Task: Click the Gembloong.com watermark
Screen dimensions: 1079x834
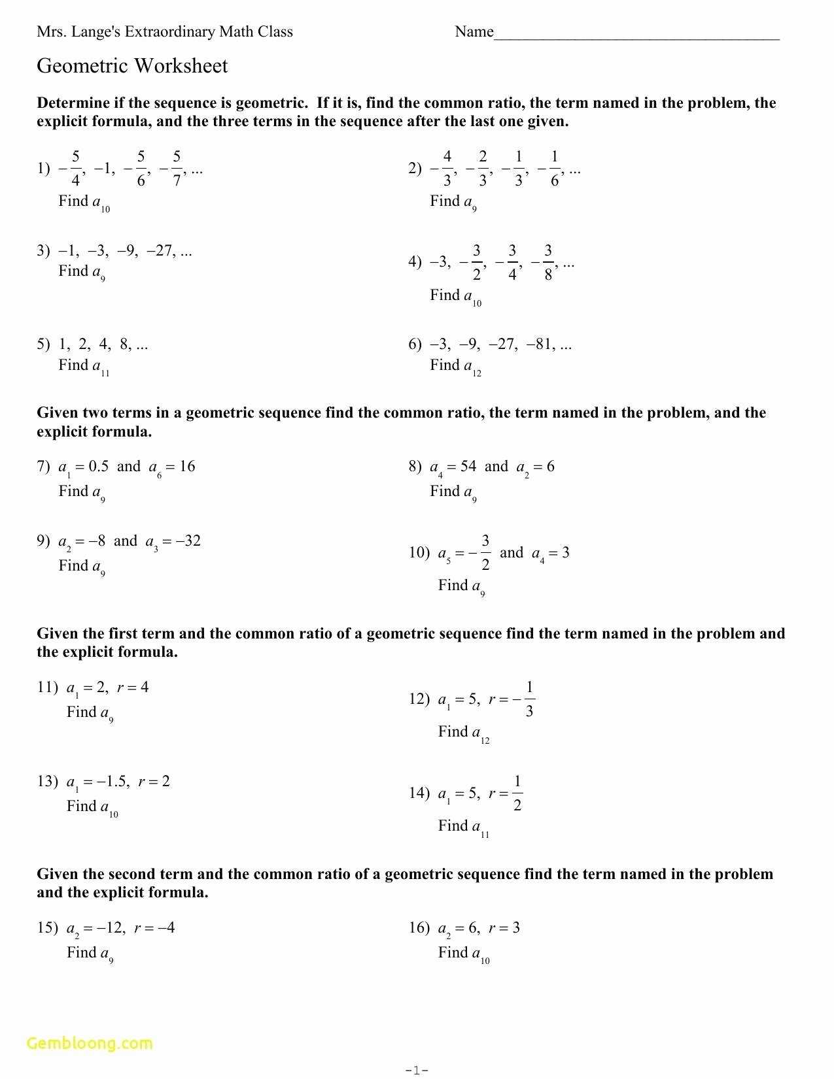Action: click(90, 1043)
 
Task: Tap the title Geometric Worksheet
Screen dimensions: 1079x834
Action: click(132, 66)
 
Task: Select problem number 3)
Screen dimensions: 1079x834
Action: click(43, 251)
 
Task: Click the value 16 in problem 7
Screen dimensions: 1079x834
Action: click(187, 467)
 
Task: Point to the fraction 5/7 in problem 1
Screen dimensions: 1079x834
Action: click(177, 169)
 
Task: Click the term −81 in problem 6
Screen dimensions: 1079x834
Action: click(542, 344)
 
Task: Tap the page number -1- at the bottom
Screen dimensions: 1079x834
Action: click(417, 1070)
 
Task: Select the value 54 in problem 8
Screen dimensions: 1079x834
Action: click(468, 467)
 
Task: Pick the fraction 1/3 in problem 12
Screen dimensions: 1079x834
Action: click(529, 699)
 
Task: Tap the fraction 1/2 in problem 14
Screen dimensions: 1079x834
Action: click(517, 793)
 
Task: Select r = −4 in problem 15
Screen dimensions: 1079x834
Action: click(154, 928)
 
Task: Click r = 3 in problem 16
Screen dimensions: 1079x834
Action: click(504, 928)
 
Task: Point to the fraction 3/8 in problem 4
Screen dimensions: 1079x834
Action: click(547, 263)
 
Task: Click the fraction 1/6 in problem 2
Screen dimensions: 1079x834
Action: click(554, 169)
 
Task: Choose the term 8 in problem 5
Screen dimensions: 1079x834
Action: click(125, 344)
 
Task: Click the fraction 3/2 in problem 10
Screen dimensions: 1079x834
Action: click(485, 553)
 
